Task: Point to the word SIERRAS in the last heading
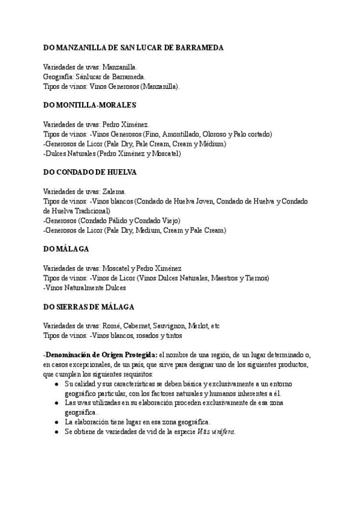pyautogui.click(x=73, y=306)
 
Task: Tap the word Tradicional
pyautogui.click(x=91, y=211)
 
